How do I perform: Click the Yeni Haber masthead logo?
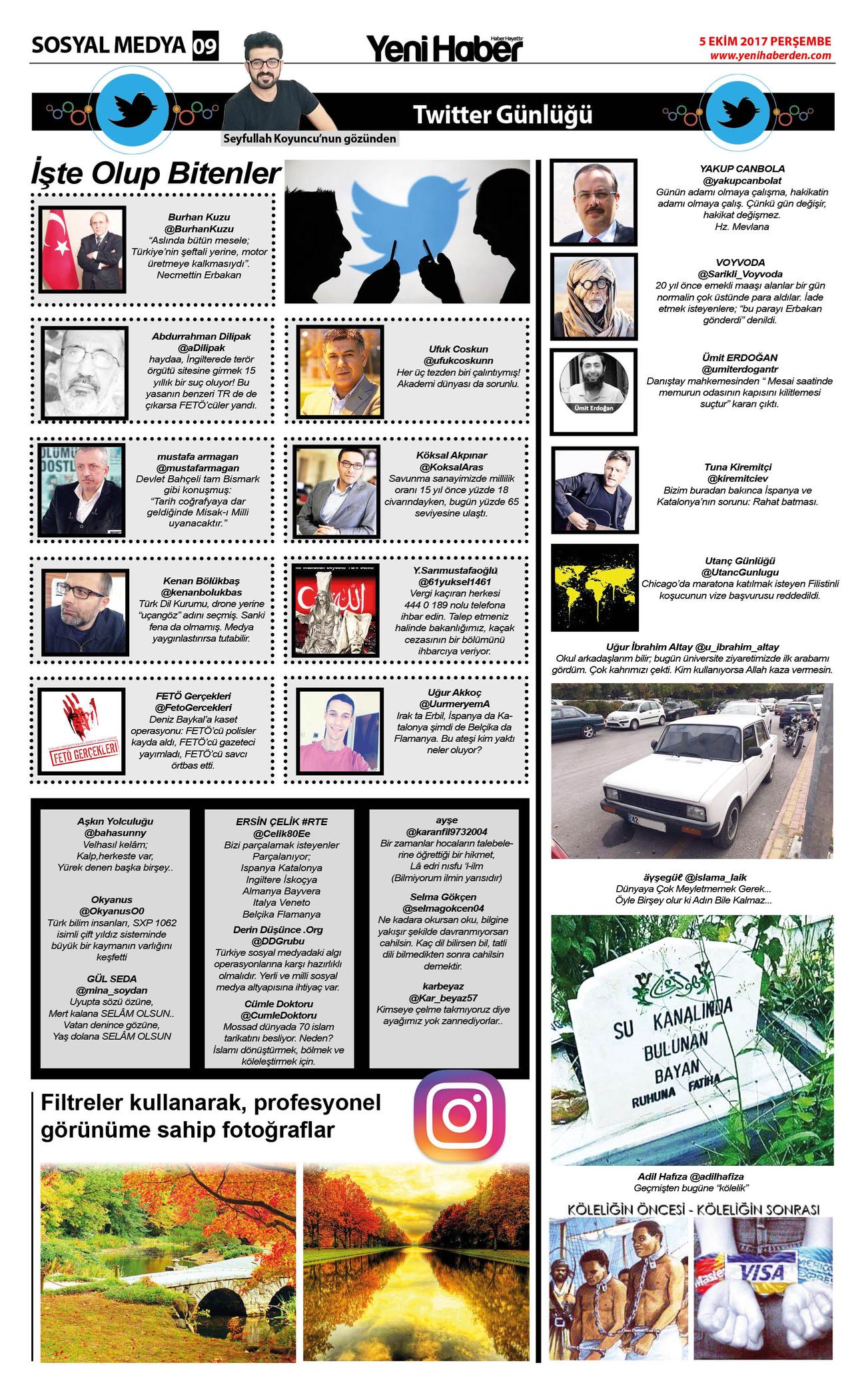444,48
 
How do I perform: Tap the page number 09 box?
205,47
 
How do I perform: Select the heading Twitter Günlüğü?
502,115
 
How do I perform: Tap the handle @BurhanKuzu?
199,229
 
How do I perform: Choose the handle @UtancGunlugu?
739,572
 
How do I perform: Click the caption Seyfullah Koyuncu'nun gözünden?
310,139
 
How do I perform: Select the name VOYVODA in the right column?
740,263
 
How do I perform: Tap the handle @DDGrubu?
278,941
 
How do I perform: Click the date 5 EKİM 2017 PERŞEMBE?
765,41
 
